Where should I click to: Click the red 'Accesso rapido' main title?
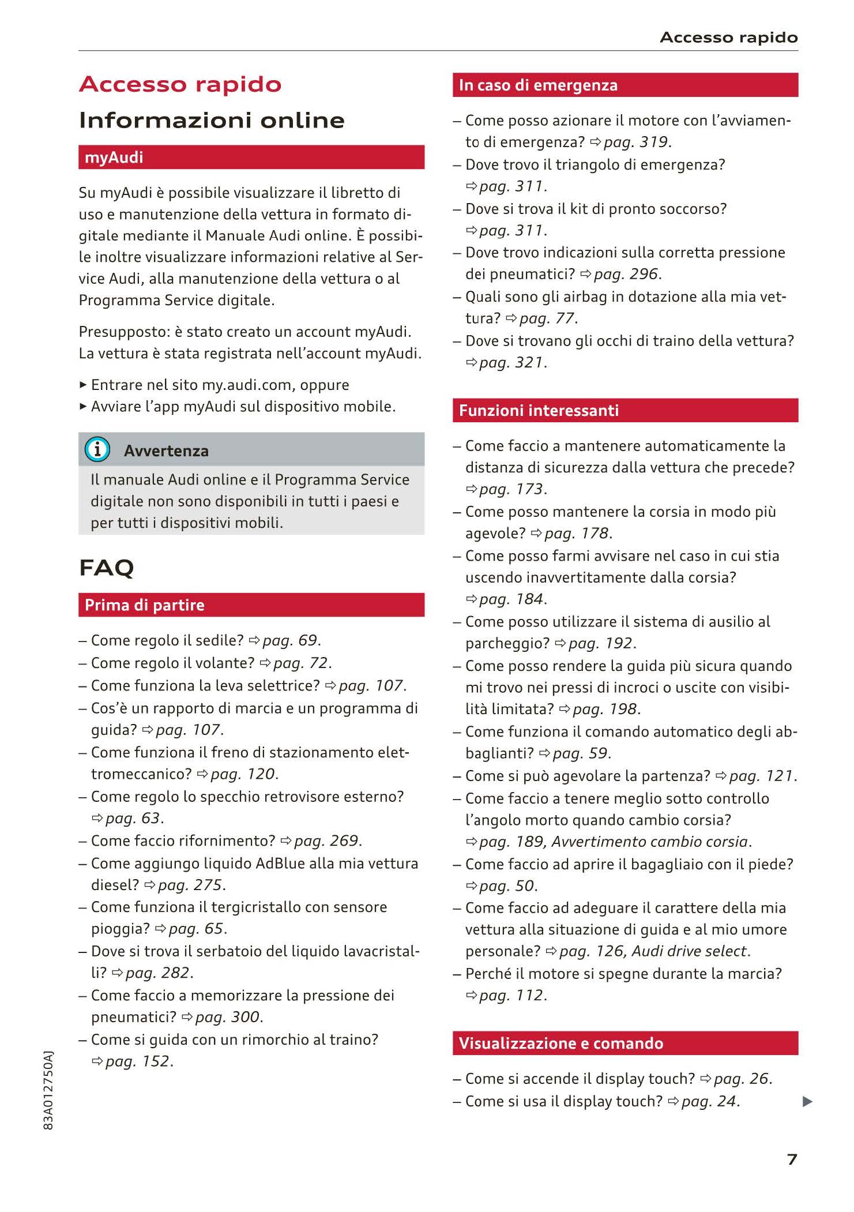(x=180, y=84)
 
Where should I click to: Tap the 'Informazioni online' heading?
(x=212, y=120)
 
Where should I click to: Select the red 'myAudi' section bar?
(x=251, y=157)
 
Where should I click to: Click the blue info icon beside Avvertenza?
(x=97, y=449)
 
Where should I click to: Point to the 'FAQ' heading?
(x=107, y=568)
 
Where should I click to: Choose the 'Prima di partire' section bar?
(x=251, y=605)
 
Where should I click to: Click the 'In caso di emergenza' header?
(x=625, y=85)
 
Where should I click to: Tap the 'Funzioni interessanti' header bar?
(x=625, y=410)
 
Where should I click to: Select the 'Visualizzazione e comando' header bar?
(x=625, y=1043)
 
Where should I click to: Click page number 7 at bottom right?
(x=792, y=1159)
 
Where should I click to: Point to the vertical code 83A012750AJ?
(x=49, y=1090)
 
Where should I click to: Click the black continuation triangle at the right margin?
(x=807, y=1102)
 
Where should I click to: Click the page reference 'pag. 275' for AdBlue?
(x=191, y=885)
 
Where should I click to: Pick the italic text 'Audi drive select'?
(x=690, y=951)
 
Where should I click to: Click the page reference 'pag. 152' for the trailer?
(x=138, y=1061)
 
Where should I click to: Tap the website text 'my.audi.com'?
(x=249, y=385)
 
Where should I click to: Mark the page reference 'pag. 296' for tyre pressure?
(x=626, y=274)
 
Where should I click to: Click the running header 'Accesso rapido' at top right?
(x=728, y=37)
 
